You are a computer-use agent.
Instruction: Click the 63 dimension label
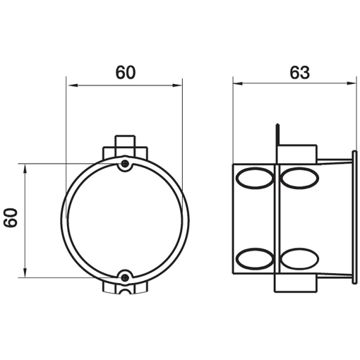299,73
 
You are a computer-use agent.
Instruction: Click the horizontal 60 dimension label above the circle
126,73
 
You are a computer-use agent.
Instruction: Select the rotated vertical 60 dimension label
11,217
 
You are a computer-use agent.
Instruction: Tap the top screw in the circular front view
125,163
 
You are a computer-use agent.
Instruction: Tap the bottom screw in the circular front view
125,277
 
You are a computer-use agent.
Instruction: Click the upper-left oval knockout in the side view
255,178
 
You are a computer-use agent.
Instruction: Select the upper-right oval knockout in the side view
300,178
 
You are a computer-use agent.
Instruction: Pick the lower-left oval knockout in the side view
255,259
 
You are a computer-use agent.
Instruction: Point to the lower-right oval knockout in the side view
300,259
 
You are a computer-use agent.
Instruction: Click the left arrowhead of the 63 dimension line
237,83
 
